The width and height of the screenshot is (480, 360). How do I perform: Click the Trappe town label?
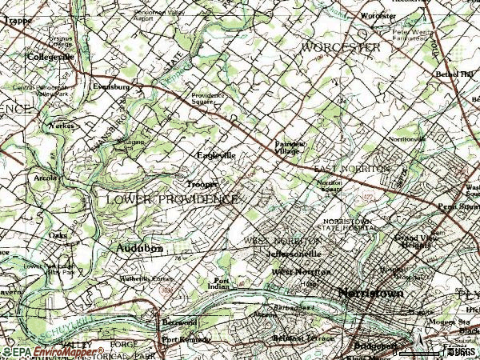coord(16,22)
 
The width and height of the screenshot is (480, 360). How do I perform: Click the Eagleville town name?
coord(216,155)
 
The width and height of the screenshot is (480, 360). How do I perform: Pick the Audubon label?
coord(140,249)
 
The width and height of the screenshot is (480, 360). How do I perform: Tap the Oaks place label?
coord(58,236)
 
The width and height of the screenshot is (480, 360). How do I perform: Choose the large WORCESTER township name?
coord(340,48)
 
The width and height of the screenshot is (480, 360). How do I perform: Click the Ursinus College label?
coord(60,42)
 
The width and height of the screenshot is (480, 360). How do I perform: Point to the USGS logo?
coord(460,350)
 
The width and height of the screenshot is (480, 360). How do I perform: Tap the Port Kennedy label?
coord(185,339)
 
